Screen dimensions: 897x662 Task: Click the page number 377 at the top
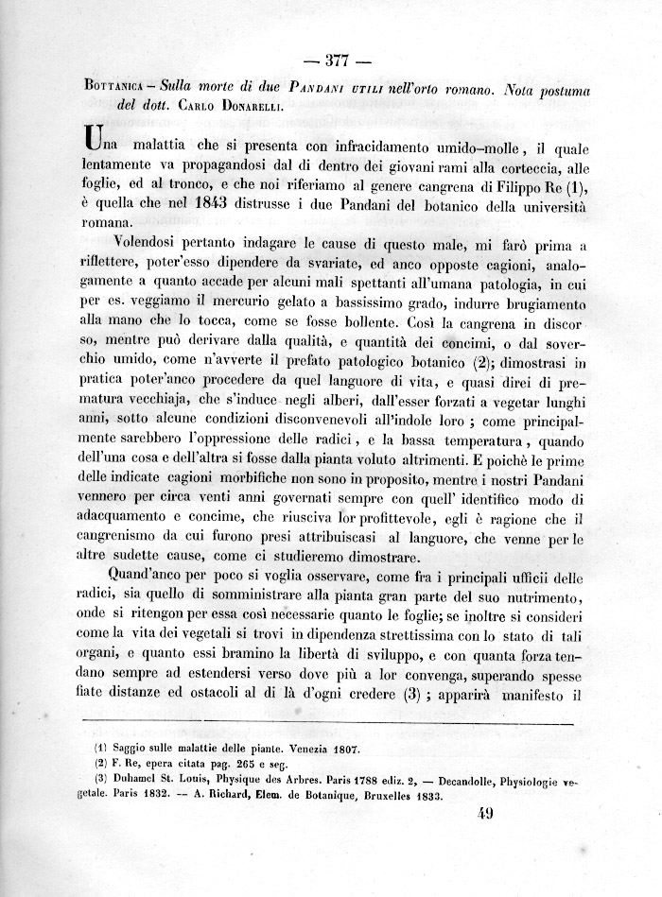[338, 63]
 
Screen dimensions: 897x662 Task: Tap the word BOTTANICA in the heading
[113, 90]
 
